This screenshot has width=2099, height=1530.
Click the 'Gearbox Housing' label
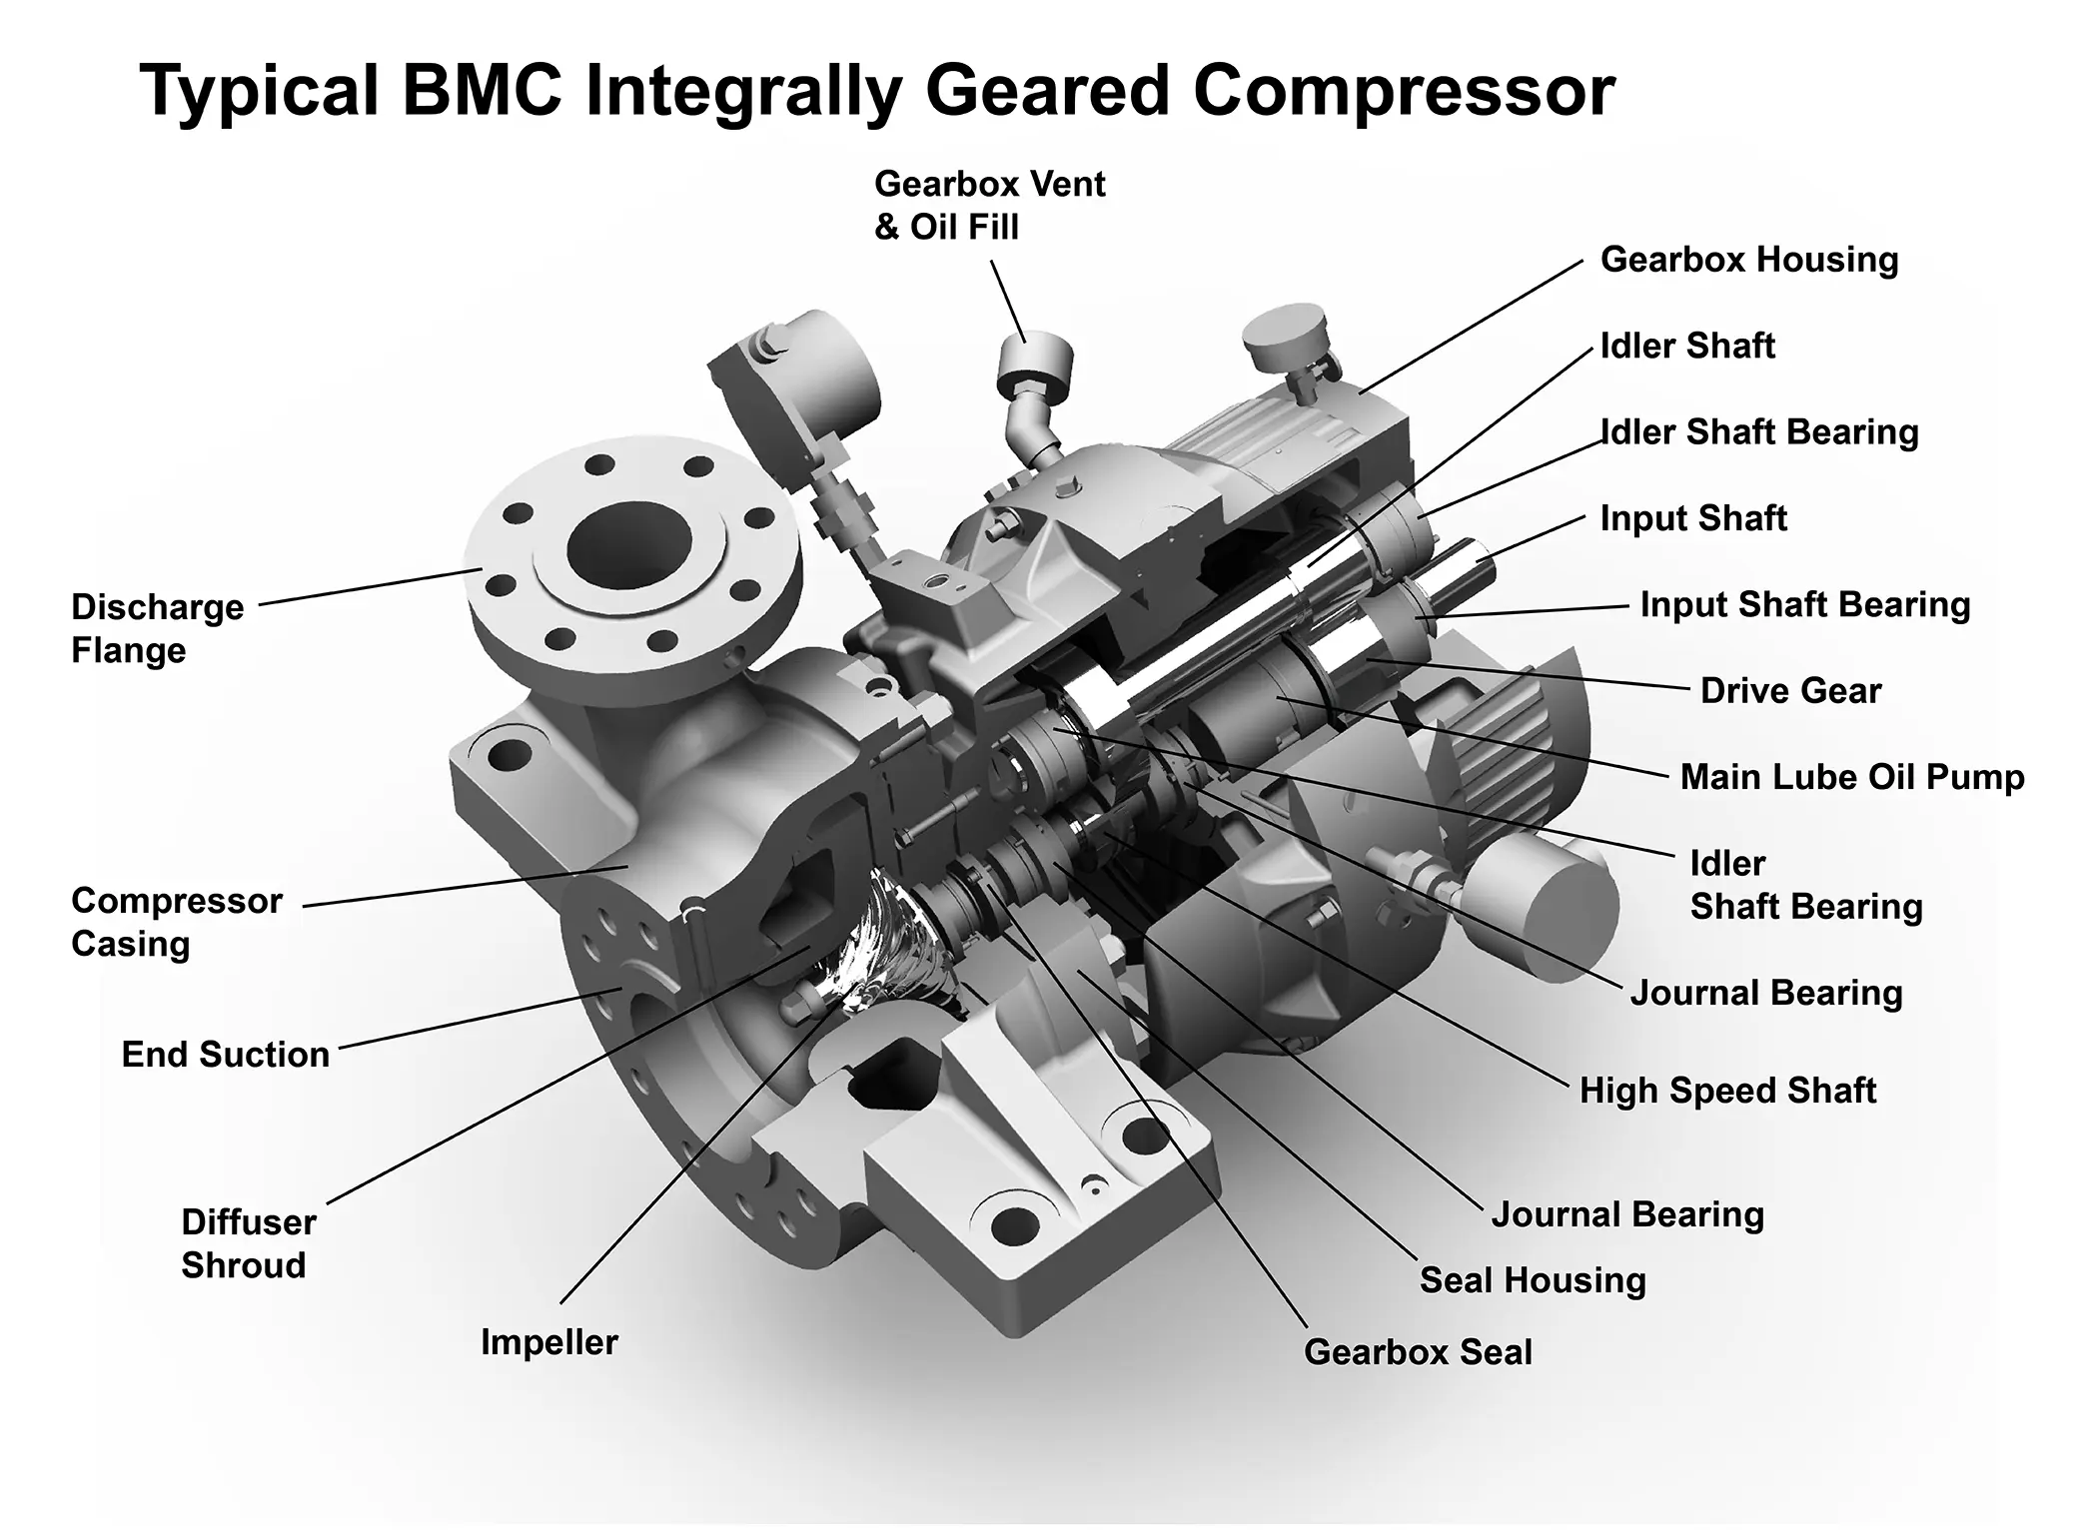pos(1748,260)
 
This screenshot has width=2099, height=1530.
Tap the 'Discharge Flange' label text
pos(158,628)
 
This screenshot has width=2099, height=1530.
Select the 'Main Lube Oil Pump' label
pos(1851,777)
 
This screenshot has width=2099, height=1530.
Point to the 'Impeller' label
pos(548,1342)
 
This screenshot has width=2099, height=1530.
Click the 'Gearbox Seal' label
pos(1417,1352)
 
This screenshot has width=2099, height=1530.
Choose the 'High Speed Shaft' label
pos(1727,1091)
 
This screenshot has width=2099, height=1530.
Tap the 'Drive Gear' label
pos(1790,691)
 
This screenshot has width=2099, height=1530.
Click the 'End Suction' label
pos(225,1055)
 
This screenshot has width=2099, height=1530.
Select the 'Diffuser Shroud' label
pos(248,1243)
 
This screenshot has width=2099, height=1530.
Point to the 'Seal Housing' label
pos(1532,1280)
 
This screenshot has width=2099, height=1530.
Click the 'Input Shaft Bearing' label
pos(1804,605)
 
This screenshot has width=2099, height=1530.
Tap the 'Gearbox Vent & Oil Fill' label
pos(989,205)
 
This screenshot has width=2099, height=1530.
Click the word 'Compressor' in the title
pos(1404,92)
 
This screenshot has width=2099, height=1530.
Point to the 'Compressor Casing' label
pos(176,922)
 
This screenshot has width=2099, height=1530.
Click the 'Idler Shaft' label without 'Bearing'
pos(1686,347)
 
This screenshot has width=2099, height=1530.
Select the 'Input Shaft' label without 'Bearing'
pos(1693,519)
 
